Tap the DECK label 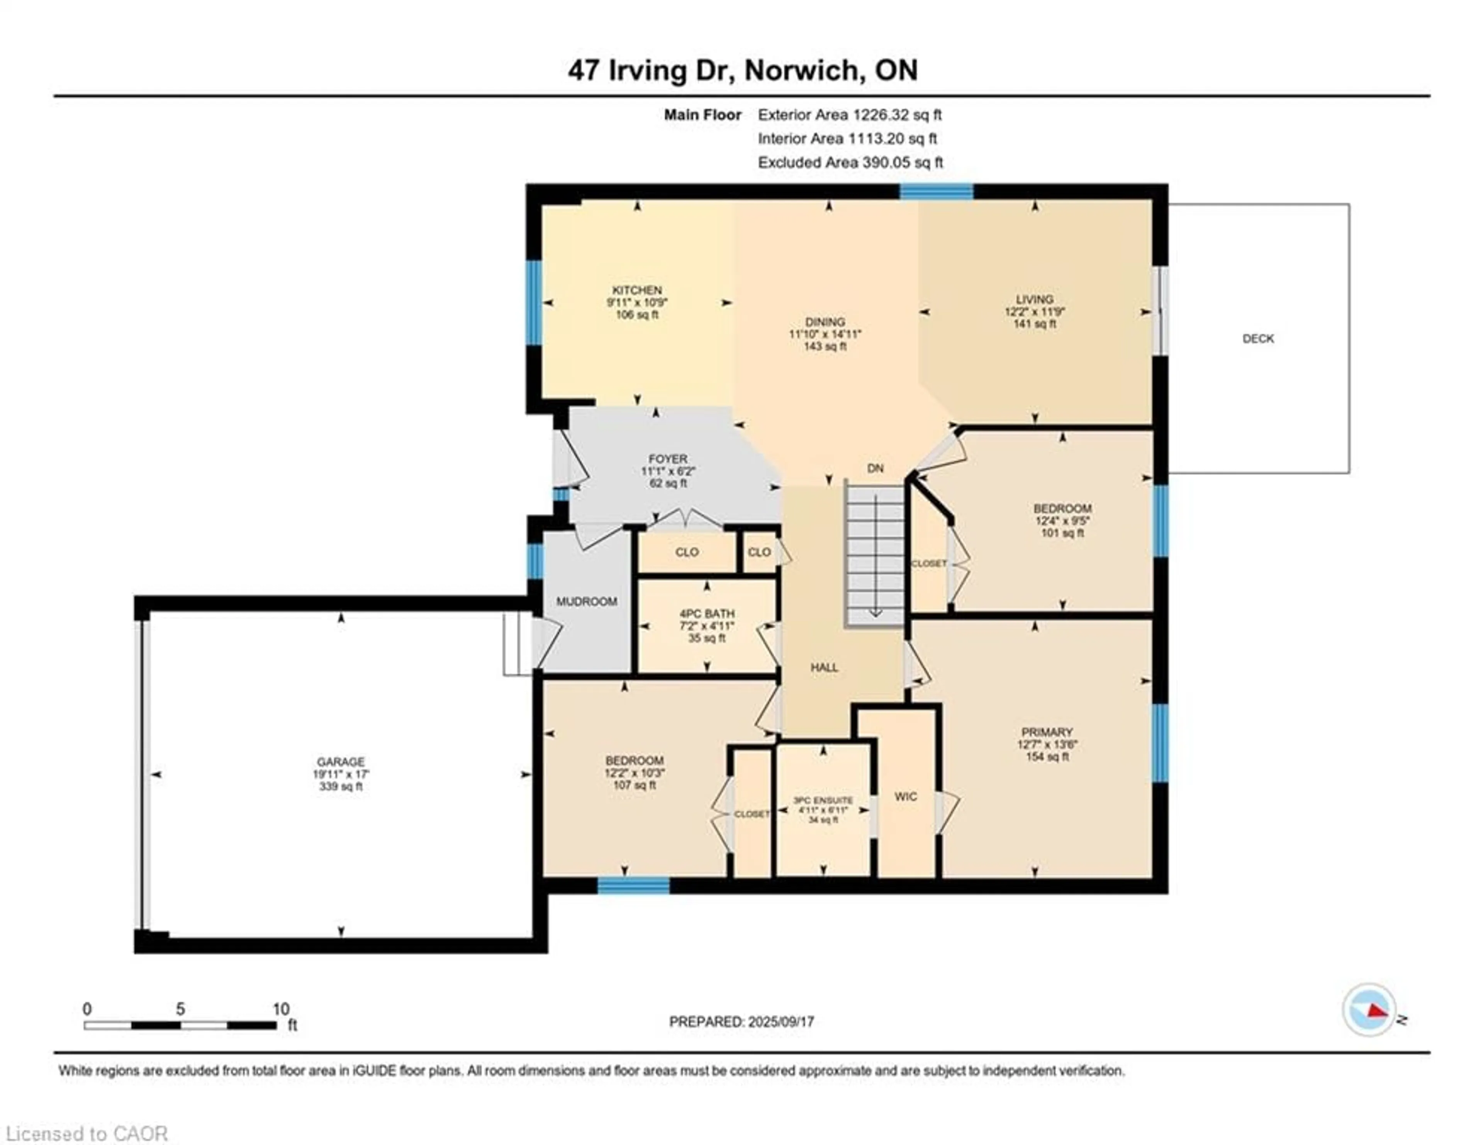click(1257, 338)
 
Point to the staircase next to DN click(875, 554)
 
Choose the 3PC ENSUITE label click(823, 800)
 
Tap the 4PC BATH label click(706, 613)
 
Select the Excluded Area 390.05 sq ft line click(850, 162)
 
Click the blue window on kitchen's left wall click(534, 303)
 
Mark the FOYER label click(667, 459)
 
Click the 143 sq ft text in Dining click(825, 347)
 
